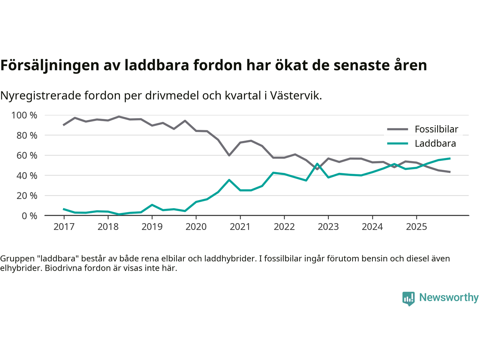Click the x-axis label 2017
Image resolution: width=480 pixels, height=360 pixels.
coord(64,227)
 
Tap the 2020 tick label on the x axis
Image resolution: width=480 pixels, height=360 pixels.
coord(196,227)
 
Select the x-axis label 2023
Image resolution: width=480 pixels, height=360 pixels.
coord(328,227)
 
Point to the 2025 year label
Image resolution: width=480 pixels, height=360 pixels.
coord(416,227)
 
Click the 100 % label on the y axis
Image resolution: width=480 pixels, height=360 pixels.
coord(24,115)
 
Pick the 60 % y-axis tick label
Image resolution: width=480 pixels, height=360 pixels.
coord(27,156)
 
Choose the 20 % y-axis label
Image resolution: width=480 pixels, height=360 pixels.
coord(27,196)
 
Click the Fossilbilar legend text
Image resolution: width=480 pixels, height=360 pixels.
coord(436,129)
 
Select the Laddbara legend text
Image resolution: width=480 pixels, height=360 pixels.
coord(435,144)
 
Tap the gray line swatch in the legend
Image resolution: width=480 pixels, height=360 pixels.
coord(397,129)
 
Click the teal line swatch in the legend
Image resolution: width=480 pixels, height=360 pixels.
coord(397,144)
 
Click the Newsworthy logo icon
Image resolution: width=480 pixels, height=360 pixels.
coord(408,298)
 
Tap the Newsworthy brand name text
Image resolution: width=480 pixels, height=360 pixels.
coord(449,297)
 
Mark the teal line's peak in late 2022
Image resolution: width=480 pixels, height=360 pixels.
coord(317,163)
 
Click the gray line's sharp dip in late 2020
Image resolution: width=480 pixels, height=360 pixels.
coord(229,155)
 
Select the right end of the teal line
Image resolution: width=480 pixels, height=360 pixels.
coord(450,158)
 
